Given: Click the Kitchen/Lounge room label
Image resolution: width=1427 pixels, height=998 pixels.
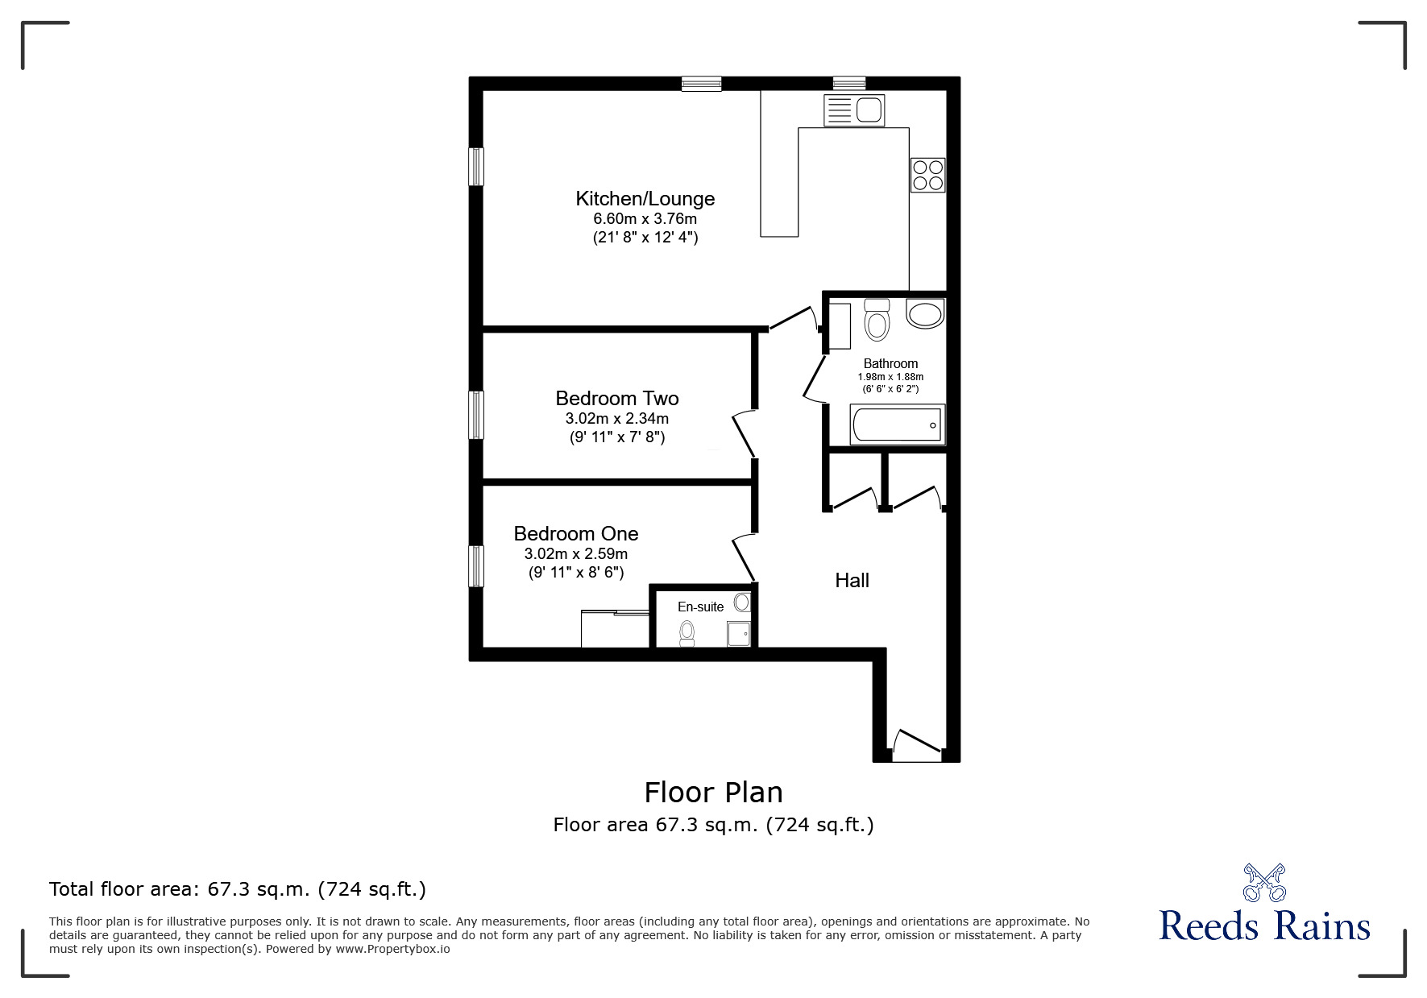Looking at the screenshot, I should tap(645, 199).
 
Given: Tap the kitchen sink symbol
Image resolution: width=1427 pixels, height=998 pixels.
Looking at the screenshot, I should tap(854, 110).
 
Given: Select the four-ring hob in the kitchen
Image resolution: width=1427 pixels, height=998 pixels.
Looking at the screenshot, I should tap(927, 175).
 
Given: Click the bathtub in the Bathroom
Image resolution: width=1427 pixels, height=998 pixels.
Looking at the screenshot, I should tap(897, 424).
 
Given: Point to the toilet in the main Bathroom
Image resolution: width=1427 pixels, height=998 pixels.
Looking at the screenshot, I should tap(876, 321).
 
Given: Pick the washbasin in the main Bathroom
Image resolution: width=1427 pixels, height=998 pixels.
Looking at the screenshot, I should tap(924, 313).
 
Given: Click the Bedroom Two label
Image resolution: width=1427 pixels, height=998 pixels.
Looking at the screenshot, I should tap(616, 399).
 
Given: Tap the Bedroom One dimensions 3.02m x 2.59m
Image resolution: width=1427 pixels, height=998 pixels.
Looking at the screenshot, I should tap(575, 554).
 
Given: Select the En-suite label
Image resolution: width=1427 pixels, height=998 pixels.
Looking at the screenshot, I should tap(700, 607).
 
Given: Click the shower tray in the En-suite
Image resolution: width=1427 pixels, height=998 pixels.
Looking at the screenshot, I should tap(739, 634).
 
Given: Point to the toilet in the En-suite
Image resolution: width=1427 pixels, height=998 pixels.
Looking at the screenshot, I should tap(687, 633).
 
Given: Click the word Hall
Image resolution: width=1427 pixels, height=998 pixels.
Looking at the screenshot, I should tap(852, 581).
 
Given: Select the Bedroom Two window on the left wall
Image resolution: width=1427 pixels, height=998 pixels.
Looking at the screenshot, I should tap(477, 415).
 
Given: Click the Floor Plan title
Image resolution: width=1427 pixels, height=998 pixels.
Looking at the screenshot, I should tap(713, 793).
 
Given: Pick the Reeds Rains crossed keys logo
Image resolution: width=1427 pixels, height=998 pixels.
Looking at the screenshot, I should tap(1264, 882).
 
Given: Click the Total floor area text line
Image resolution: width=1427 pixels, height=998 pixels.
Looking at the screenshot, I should tap(238, 889).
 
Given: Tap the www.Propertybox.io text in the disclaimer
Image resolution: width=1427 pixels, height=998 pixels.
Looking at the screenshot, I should tap(392, 949).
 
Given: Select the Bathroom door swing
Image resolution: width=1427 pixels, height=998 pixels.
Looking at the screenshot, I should tap(815, 379).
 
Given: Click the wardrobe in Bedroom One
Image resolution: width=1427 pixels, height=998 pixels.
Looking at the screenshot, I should tap(616, 629).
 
